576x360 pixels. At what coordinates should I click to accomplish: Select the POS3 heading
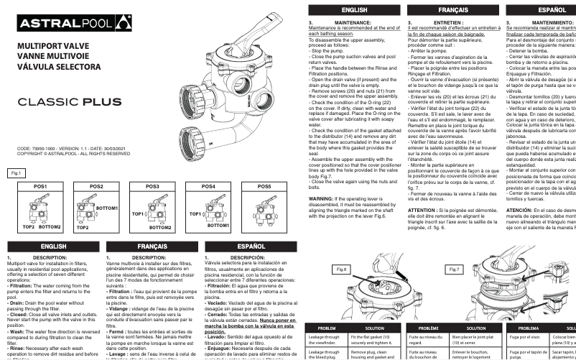[152, 186]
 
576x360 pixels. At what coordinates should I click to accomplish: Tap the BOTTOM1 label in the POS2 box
[106, 207]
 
